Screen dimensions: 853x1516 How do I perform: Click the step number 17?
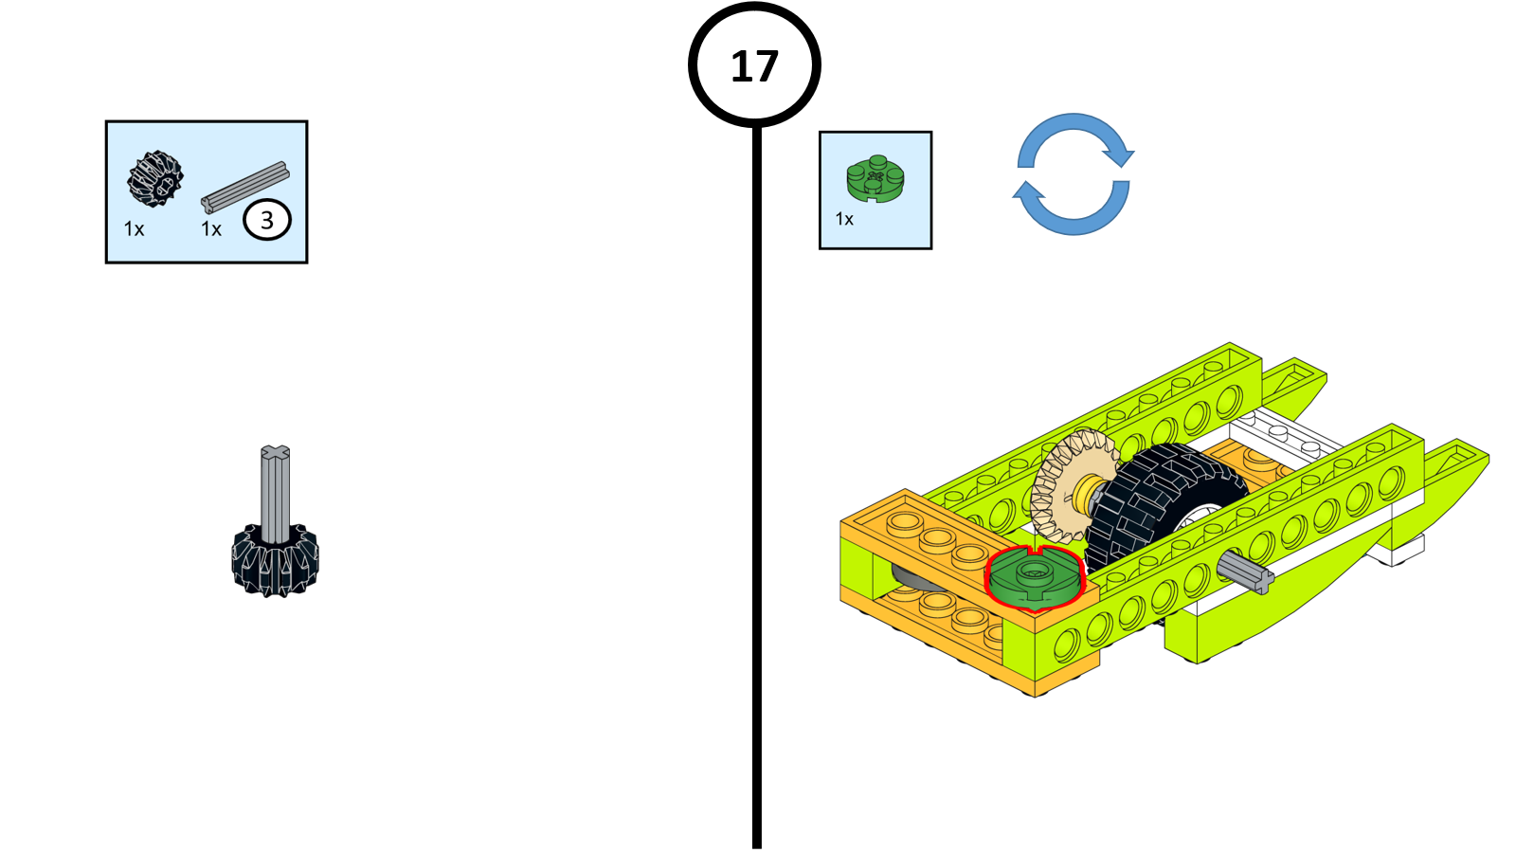click(754, 66)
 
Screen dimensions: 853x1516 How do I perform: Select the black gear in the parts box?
click(154, 178)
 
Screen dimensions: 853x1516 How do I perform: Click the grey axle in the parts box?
click(244, 187)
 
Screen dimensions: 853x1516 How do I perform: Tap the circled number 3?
click(266, 220)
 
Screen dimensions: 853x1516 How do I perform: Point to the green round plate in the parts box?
click(875, 178)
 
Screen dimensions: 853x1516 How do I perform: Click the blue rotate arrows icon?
click(1073, 173)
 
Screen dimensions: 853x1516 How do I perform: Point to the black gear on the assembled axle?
click(275, 561)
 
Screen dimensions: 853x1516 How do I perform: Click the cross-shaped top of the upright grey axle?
click(275, 454)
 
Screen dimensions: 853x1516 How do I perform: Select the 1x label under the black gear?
click(134, 229)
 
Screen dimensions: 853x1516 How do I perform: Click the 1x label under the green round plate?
click(844, 220)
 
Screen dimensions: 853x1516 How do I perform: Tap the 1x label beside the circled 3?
click(211, 229)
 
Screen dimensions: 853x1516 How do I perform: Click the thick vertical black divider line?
click(756, 493)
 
